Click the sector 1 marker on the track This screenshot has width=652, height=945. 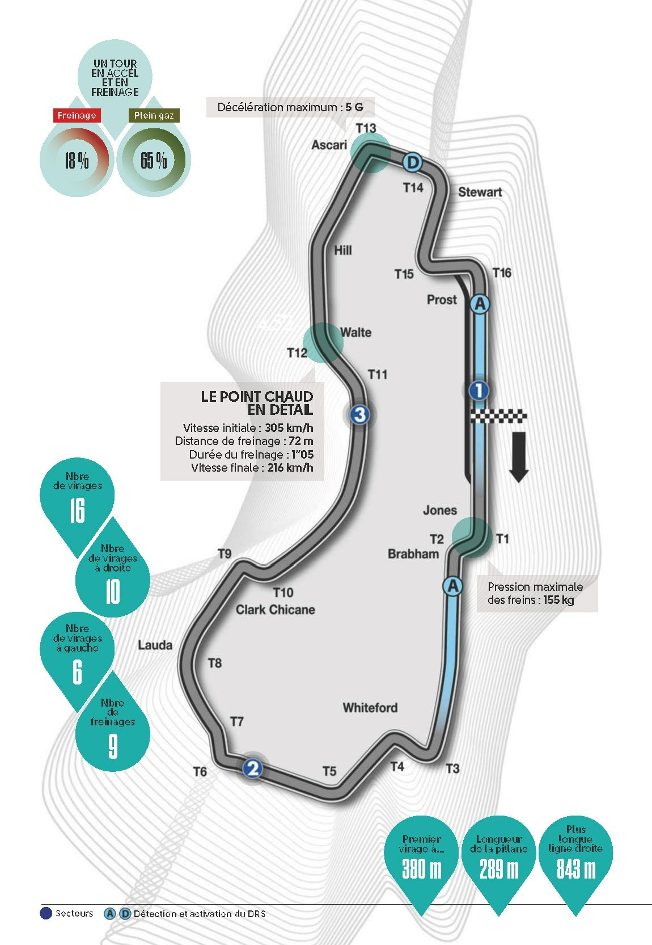479,390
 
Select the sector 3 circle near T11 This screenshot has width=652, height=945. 359,414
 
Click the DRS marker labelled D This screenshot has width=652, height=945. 412,162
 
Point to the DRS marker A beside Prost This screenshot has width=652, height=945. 480,304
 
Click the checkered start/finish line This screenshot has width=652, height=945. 498,416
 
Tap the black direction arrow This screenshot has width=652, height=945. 519,457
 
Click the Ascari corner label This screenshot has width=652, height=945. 329,145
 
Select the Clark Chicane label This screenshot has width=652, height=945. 275,610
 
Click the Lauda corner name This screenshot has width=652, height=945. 155,645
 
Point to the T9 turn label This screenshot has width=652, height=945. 225,553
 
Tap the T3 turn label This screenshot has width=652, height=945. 452,768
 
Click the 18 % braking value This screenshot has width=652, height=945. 77,160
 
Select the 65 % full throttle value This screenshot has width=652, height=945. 154,160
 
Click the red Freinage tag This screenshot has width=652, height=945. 77,115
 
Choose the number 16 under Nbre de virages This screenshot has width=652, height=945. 78,510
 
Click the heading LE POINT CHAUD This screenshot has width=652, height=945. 257,397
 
